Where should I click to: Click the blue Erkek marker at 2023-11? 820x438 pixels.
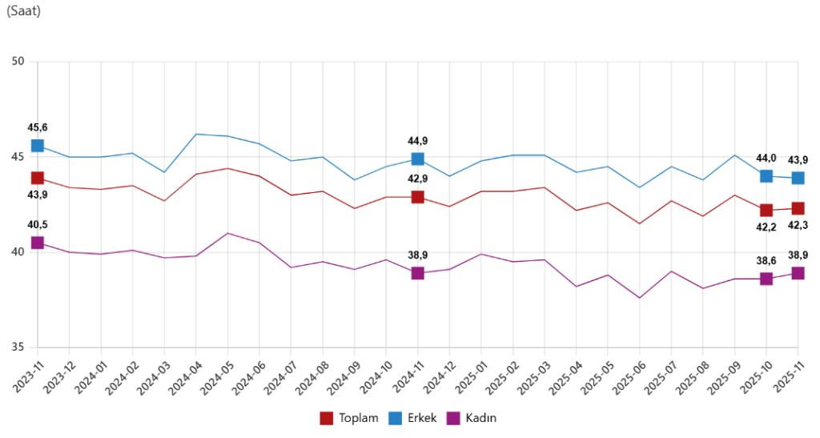click(38, 146)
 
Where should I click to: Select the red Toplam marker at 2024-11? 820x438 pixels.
click(417, 197)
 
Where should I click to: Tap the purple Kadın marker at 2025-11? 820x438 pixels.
click(798, 273)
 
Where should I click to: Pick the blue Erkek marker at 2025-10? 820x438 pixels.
click(766, 176)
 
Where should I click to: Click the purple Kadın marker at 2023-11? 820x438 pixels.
click(38, 243)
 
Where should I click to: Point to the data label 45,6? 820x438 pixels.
click(38, 127)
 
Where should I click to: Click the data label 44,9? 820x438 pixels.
click(417, 141)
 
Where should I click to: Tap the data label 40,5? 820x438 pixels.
click(38, 225)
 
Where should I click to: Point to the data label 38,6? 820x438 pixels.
click(766, 260)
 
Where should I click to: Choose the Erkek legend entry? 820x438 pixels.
click(413, 418)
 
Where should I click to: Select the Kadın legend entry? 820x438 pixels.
click(476, 418)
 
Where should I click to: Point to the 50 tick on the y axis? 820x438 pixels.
click(19, 62)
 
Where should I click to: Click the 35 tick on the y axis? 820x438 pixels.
click(19, 348)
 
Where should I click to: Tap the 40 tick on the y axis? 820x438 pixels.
click(19, 252)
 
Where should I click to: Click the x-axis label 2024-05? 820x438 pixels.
click(213, 376)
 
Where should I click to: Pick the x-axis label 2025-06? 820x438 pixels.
click(625, 376)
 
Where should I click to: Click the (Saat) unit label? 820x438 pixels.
click(23, 10)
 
